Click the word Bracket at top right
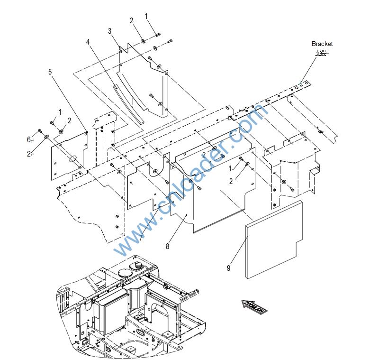click(322, 44)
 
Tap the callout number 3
click(109, 31)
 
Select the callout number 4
click(88, 42)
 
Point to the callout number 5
click(50, 72)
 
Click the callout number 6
click(29, 139)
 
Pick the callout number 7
click(140, 238)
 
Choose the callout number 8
click(167, 246)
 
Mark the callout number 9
click(228, 268)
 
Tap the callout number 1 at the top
click(146, 16)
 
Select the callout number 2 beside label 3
click(132, 20)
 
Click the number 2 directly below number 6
click(29, 154)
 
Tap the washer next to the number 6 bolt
click(47, 137)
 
